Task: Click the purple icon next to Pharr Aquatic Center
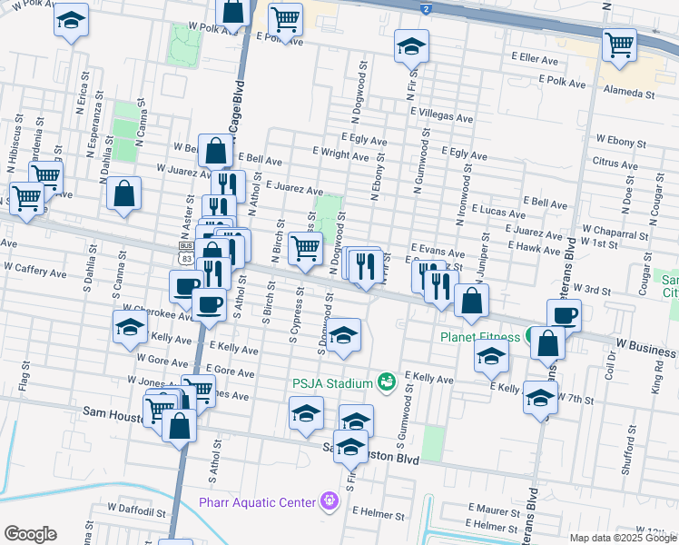click(329, 501)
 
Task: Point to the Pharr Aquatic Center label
click(260, 502)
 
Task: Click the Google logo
click(30, 534)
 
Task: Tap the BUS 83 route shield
click(186, 253)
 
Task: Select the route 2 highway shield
click(425, 8)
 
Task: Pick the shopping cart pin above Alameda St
click(619, 44)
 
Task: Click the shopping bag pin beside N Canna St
click(123, 194)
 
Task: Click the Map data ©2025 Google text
click(623, 538)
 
